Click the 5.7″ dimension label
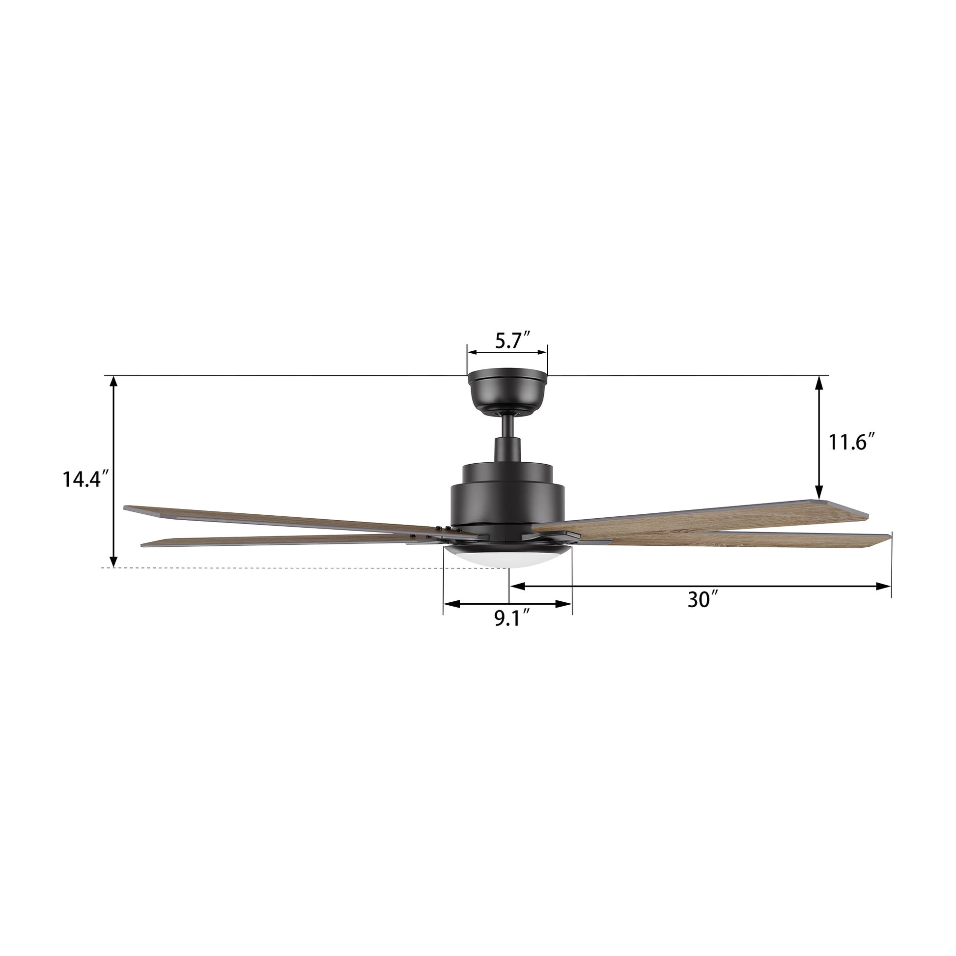(x=513, y=341)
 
